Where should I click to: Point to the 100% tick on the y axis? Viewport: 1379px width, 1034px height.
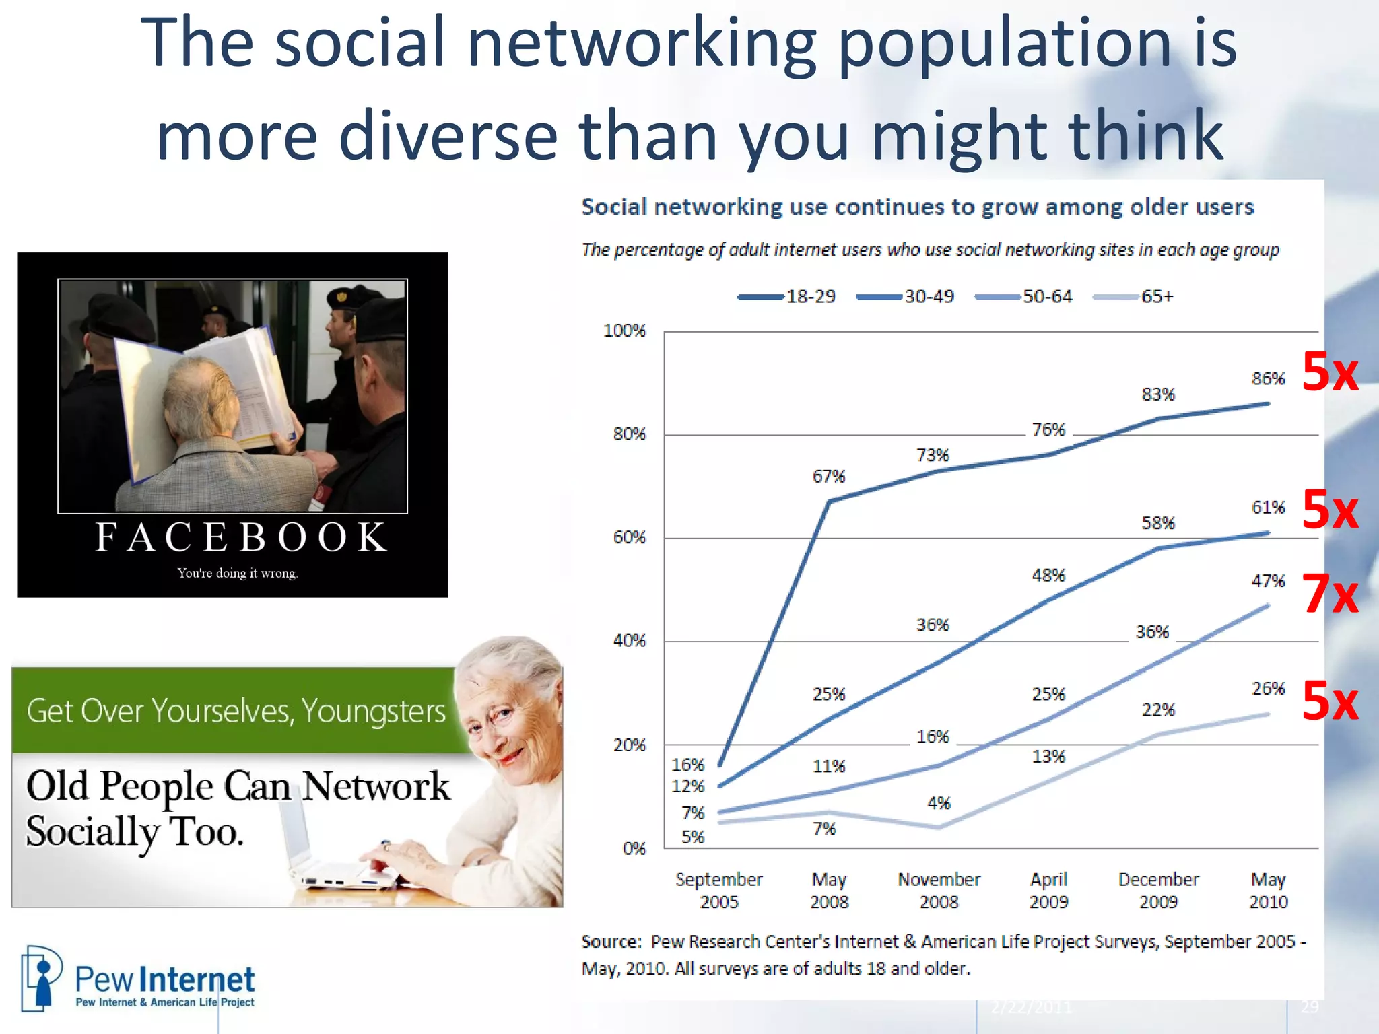coord(624,331)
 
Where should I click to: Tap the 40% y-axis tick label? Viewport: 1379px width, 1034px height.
coord(629,640)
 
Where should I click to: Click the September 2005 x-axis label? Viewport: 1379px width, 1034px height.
coord(718,890)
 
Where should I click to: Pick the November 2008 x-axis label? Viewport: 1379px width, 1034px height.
coord(939,890)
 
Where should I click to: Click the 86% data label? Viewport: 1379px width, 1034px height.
coord(1268,378)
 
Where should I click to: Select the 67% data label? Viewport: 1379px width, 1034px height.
coord(828,477)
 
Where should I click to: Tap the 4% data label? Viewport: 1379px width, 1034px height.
coord(939,803)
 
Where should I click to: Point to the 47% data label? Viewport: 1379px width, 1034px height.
coord(1268,580)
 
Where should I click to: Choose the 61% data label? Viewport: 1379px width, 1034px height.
coord(1268,507)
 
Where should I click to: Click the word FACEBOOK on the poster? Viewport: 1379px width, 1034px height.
coord(241,537)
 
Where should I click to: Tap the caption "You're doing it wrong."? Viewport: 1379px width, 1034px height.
coord(237,573)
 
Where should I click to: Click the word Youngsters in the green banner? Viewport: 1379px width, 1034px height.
coord(373,711)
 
